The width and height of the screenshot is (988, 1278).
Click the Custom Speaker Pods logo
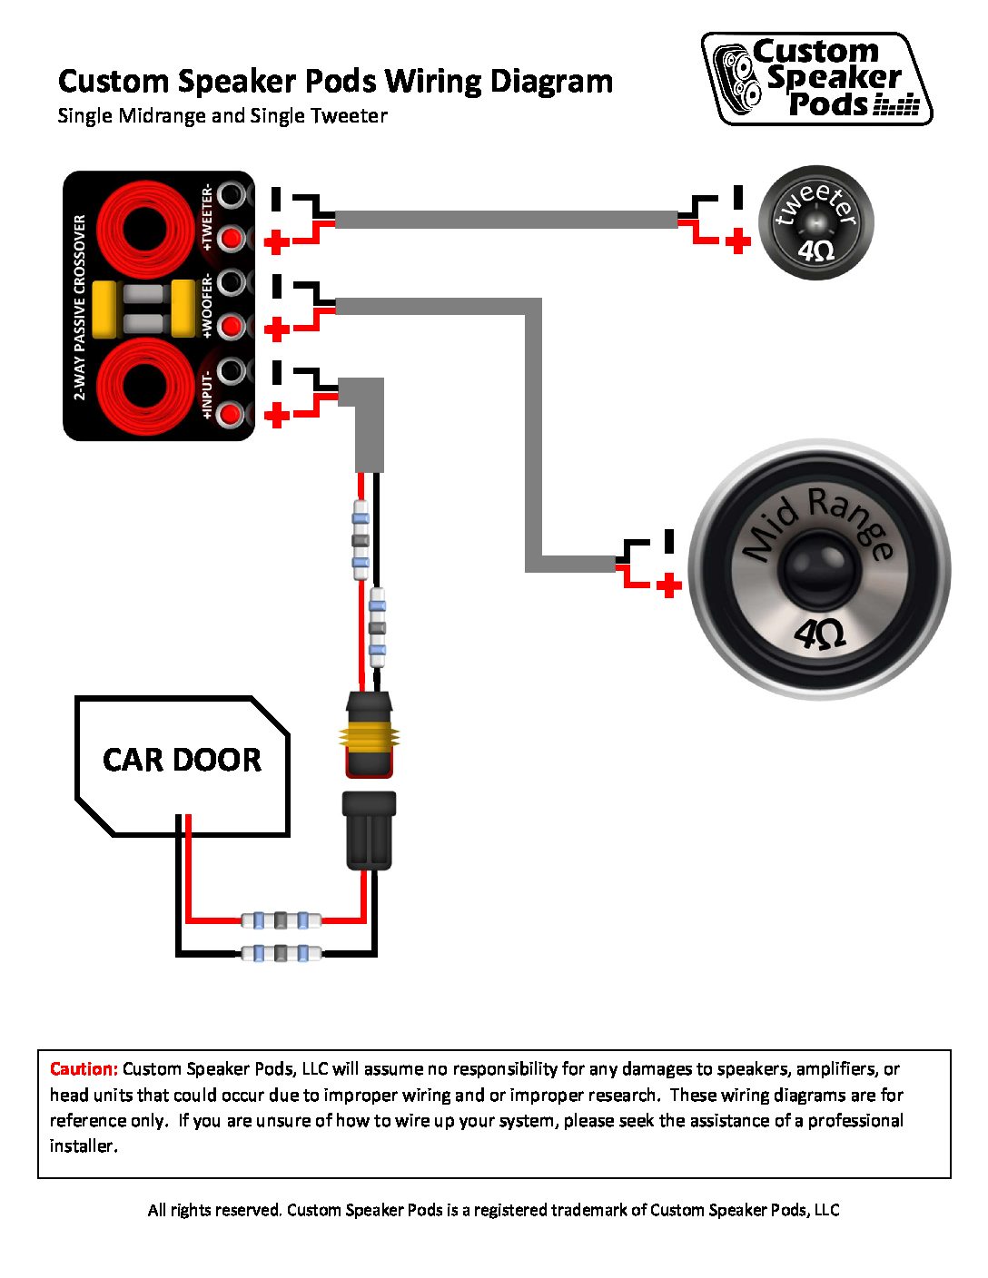tap(816, 79)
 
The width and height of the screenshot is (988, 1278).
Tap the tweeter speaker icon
tap(815, 222)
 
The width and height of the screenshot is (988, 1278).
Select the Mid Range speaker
tap(819, 569)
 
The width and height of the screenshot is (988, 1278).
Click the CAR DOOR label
tap(182, 760)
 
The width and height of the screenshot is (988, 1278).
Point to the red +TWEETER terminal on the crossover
tap(233, 239)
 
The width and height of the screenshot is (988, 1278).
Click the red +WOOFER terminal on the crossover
tap(233, 326)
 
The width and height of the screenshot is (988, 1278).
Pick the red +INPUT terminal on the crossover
tap(233, 414)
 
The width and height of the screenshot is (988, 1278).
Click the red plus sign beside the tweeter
tap(738, 241)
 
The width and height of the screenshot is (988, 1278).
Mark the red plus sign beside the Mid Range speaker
tap(668, 585)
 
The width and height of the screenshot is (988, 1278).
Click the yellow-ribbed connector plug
tap(369, 736)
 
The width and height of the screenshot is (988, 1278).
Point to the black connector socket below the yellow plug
tap(369, 830)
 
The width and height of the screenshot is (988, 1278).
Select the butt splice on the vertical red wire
tap(361, 540)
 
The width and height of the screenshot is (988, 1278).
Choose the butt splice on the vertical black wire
tap(377, 627)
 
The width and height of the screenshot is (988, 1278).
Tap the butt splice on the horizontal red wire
tap(281, 921)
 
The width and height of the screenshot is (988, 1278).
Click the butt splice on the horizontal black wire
tap(281, 953)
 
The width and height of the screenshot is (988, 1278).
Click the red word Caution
tap(84, 1069)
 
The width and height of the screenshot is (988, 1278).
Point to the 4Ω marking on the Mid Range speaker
tap(819, 634)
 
